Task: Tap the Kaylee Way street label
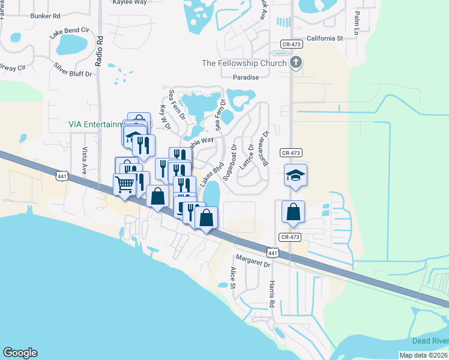click(130, 2)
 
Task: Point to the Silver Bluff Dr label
click(73, 70)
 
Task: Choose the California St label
click(324, 38)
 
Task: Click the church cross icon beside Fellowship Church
click(295, 62)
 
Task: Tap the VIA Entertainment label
click(92, 125)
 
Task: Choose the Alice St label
click(232, 277)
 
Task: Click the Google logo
click(20, 353)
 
